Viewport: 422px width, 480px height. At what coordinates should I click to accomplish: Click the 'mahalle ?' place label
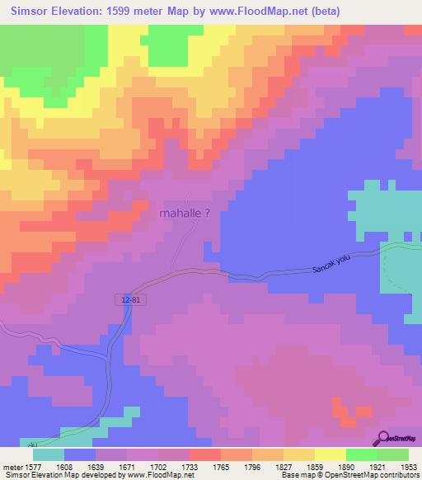(188, 213)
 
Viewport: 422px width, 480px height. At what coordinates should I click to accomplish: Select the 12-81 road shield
(129, 301)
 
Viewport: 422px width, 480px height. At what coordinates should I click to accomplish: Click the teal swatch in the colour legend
(49, 454)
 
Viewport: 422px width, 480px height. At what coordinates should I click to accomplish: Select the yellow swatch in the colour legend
(298, 454)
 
